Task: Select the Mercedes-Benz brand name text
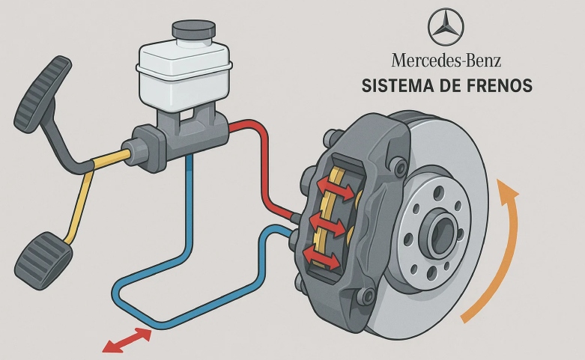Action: (x=446, y=61)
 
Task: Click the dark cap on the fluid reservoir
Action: (x=193, y=31)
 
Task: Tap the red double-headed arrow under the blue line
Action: (x=127, y=340)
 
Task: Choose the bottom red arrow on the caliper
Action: (x=321, y=257)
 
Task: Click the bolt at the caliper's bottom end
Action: (x=368, y=297)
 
